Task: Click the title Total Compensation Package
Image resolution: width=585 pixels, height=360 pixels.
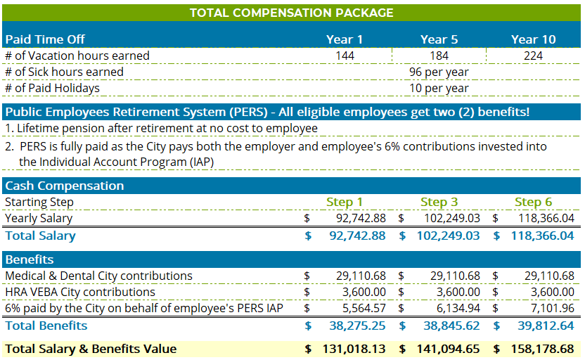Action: pyautogui.click(x=291, y=13)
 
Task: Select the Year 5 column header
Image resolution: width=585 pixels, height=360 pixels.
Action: pyautogui.click(x=439, y=39)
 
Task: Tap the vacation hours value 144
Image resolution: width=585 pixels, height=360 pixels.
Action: pyautogui.click(x=345, y=56)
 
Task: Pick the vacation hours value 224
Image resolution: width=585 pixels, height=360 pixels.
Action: pyautogui.click(x=533, y=56)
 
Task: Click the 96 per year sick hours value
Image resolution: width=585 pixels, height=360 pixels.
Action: pyautogui.click(x=439, y=72)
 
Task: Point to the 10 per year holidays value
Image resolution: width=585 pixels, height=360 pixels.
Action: pyautogui.click(x=439, y=88)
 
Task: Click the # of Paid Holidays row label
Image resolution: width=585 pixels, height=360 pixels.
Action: pyautogui.click(x=52, y=88)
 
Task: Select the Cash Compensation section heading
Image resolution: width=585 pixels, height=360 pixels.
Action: pyautogui.click(x=65, y=186)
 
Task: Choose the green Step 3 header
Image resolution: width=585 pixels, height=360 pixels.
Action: pyautogui.click(x=439, y=202)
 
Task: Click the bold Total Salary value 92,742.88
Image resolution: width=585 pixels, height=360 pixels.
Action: pyautogui.click(x=357, y=236)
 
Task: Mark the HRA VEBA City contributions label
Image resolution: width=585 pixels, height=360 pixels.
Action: pyautogui.click(x=80, y=292)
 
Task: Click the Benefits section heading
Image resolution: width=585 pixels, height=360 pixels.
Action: pyautogui.click(x=30, y=259)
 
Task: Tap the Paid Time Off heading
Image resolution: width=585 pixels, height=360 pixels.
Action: pyautogui.click(x=45, y=39)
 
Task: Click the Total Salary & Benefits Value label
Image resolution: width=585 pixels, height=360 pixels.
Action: pyautogui.click(x=91, y=349)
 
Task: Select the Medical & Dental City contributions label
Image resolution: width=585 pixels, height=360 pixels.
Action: pyautogui.click(x=98, y=276)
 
